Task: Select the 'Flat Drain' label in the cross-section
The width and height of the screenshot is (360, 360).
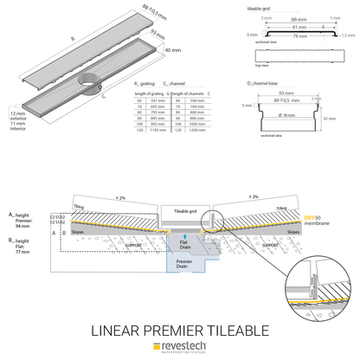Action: pyautogui.click(x=183, y=245)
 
